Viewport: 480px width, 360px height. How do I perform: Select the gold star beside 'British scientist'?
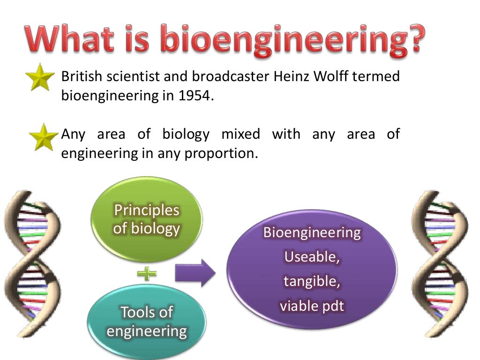[x=41, y=78]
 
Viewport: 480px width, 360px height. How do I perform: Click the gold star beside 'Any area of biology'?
[x=43, y=137]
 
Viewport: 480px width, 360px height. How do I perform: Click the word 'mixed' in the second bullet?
[x=240, y=135]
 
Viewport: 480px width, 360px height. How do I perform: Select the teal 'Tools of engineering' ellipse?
[x=147, y=321]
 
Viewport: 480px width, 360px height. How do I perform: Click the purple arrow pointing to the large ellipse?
[x=195, y=273]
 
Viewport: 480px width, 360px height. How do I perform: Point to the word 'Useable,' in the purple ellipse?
[x=312, y=257]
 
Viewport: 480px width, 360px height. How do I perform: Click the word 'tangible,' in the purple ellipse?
[x=312, y=282]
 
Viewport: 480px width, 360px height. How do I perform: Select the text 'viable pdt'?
[x=312, y=306]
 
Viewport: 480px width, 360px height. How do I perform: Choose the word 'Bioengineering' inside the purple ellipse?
[x=312, y=232]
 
